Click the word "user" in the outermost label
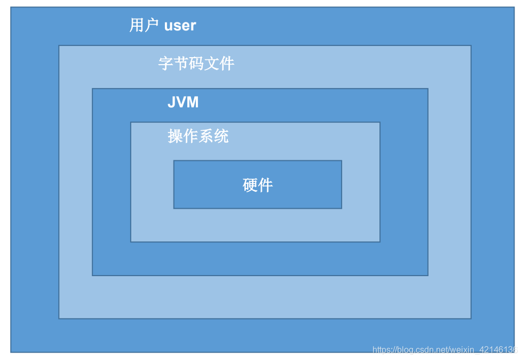[180, 25]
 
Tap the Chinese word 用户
[144, 25]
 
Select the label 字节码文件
[196, 64]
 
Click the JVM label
[183, 102]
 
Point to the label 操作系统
[198, 136]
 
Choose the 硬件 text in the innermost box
[258, 185]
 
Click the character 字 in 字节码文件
[166, 64]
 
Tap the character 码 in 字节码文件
[196, 64]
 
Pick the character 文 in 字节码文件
[212, 64]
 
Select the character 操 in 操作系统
[175, 136]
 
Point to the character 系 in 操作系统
[206, 136]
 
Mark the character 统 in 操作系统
[221, 136]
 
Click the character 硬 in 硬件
[250, 185]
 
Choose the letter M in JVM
[192, 102]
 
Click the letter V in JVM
[181, 102]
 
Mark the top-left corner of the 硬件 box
[174, 161]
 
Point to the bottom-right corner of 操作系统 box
[379, 241]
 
